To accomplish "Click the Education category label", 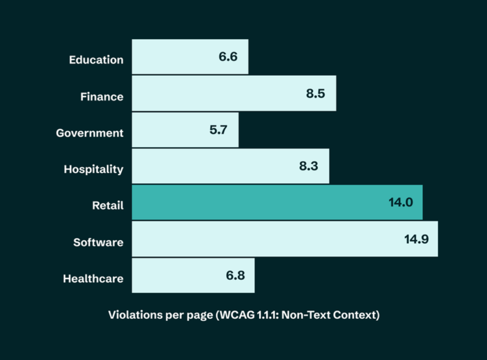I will (96, 60).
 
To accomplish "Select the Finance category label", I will (102, 97).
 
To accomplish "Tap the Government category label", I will (90, 133).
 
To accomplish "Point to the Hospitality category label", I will (94, 169).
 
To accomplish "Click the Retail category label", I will (108, 206).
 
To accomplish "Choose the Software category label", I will (98, 242).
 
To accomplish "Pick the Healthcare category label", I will (93, 278).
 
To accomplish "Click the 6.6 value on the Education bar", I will (228, 57).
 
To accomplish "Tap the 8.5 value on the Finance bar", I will (315, 94).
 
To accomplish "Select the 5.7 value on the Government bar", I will (218, 130).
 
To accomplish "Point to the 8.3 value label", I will (308, 166).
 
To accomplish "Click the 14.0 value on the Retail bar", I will (401, 203).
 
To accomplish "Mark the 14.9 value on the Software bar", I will (417, 239).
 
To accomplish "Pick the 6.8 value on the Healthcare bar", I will (235, 276).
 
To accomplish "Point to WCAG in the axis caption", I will (236, 315).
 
